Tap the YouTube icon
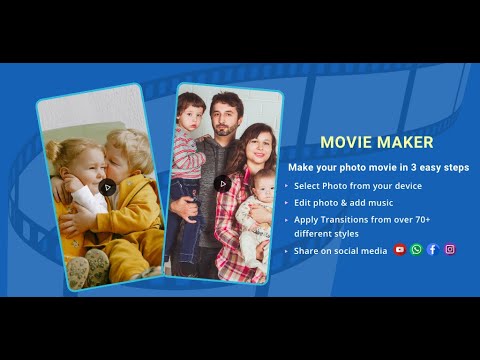[400, 250]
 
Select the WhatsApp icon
[417, 250]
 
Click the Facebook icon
[433, 250]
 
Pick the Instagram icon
[450, 250]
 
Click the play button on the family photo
[222, 183]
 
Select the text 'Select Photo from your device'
[358, 186]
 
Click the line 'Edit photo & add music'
[345, 202]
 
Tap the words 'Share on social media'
[340, 251]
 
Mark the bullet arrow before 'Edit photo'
[286, 202]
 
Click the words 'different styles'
[326, 233]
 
